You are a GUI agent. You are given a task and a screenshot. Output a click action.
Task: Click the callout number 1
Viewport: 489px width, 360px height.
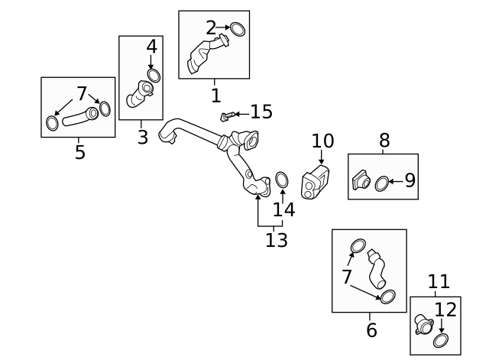215,96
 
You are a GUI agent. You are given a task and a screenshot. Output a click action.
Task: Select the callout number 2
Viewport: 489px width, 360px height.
211,29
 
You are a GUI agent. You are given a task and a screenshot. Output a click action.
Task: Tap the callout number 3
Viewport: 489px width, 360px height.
143,138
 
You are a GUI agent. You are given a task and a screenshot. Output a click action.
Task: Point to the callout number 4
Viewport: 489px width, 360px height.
151,47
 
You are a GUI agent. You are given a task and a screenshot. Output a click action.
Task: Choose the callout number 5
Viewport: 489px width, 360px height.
79,152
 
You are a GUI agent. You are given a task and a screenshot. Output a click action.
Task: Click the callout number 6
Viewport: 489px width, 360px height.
371,330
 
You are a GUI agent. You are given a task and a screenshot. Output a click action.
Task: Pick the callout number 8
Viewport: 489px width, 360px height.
384,140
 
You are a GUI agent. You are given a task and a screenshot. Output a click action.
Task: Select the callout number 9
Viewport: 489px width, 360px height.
410,180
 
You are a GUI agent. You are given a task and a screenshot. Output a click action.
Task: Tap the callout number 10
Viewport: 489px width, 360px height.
322,141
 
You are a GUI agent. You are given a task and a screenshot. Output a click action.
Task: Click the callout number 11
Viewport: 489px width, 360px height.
439,282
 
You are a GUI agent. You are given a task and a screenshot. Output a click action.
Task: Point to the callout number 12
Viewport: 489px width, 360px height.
445,310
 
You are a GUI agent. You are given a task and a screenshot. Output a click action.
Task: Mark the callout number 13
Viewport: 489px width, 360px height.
277,240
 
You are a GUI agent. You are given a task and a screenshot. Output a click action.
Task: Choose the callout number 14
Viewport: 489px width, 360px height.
283,209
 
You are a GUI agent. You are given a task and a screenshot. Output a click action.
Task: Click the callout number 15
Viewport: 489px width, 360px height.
261,112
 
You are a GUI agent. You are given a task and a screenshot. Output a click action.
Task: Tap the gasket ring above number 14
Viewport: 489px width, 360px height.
281,180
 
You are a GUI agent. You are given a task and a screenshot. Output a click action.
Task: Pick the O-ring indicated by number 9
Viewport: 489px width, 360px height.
382,183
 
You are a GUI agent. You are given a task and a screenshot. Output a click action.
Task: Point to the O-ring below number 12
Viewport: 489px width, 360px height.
441,340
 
